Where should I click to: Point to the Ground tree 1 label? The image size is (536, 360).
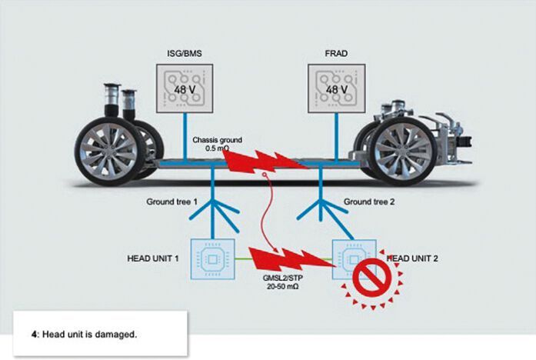tap(172, 202)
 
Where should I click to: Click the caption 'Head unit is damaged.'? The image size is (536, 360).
tap(89, 334)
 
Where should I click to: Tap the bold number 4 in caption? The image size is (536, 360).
tap(34, 334)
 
